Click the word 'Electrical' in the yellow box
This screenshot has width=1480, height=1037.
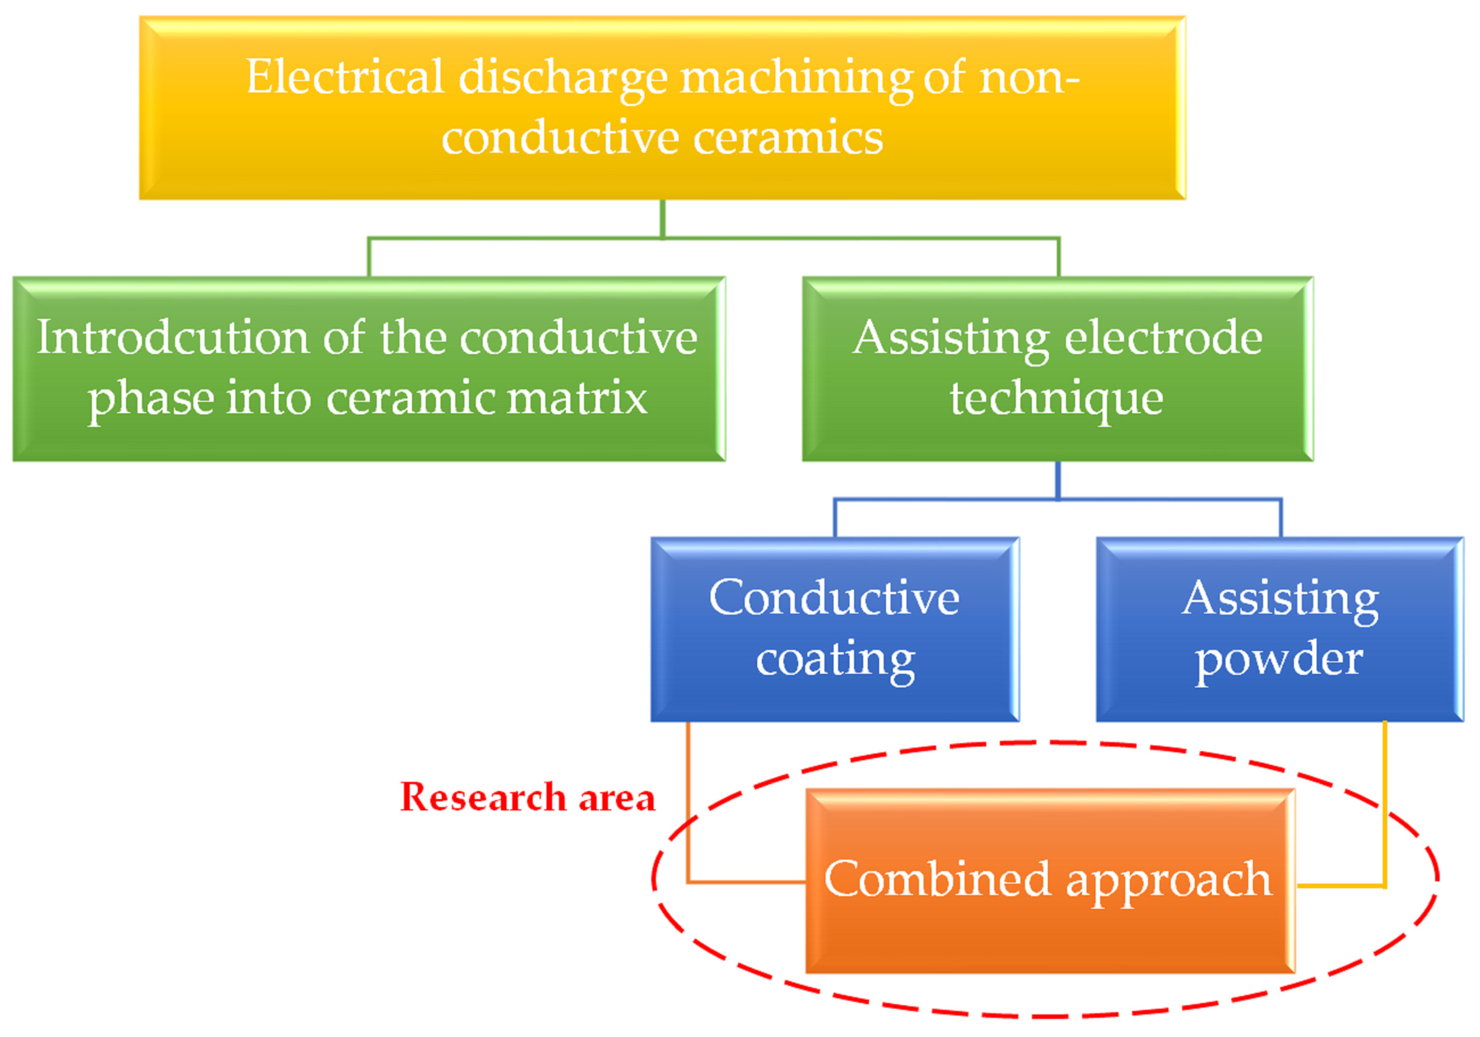click(345, 77)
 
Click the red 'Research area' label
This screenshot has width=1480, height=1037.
click(527, 797)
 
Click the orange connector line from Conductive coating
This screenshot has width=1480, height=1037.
click(688, 806)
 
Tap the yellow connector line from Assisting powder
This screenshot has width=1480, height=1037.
click(1384, 806)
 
